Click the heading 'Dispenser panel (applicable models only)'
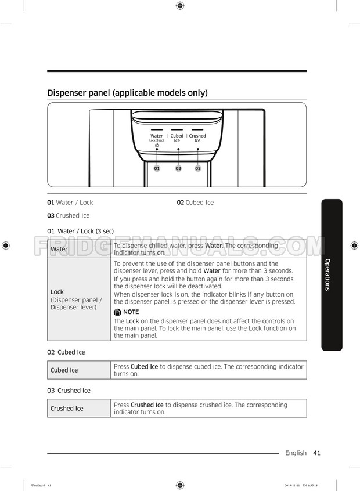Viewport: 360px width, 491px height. coord(127,93)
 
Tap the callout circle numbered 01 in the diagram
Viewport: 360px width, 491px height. coord(157,168)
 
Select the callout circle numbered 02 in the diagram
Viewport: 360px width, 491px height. coord(178,168)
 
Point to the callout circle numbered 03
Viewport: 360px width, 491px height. coord(198,168)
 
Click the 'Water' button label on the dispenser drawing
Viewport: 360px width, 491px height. coord(157,136)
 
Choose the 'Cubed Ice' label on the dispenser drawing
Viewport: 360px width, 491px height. coord(177,138)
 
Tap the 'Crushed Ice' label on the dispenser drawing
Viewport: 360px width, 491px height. coord(197,138)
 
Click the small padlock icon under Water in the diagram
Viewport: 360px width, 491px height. coord(157,145)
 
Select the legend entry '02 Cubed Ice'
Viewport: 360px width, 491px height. coord(195,203)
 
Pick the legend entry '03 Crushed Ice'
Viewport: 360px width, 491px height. coord(69,216)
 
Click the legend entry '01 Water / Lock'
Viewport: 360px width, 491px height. coord(70,203)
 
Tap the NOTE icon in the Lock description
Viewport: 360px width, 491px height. coord(118,312)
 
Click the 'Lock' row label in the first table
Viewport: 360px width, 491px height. coord(57,292)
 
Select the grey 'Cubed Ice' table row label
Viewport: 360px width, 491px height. coord(64,370)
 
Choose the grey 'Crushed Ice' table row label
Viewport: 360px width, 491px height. coord(66,409)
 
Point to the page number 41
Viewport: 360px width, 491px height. coord(316,453)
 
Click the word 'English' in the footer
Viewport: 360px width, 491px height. coord(296,453)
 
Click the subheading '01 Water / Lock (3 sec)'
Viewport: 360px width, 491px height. coord(80,231)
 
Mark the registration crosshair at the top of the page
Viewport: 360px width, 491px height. coord(179,6)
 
